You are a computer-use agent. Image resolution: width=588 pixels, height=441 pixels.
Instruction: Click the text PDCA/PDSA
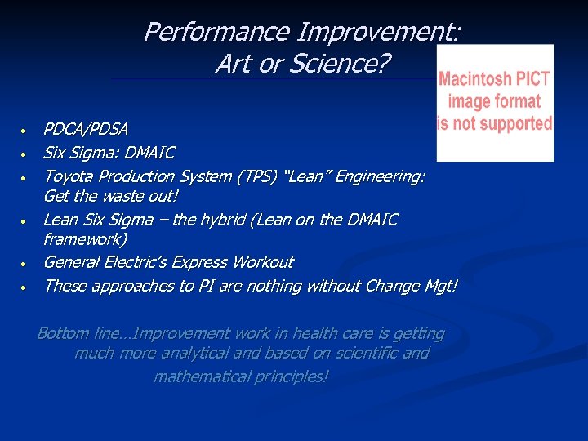click(x=85, y=129)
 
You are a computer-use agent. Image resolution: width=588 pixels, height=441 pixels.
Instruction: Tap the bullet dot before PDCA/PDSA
click(x=25, y=131)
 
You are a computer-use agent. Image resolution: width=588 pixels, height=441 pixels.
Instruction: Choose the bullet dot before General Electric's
click(x=25, y=264)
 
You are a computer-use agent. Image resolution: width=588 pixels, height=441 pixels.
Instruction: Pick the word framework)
click(x=84, y=240)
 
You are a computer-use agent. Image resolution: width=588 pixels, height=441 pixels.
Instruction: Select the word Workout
click(x=262, y=262)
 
